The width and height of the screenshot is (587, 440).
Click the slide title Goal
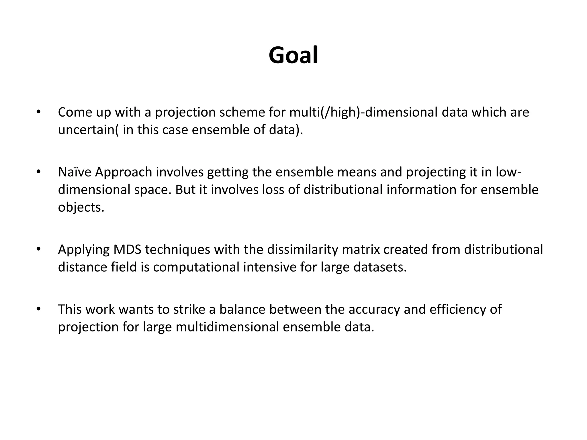(x=293, y=55)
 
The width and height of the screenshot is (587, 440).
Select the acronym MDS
(x=127, y=250)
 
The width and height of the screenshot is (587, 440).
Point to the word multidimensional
(x=227, y=327)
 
